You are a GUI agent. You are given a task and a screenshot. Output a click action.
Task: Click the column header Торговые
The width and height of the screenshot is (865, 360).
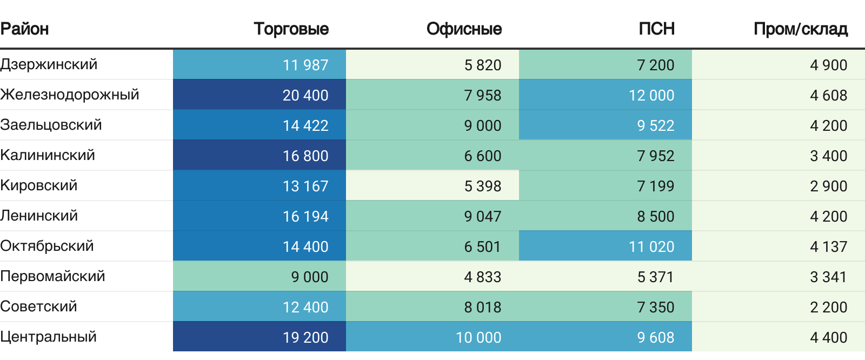coord(291,29)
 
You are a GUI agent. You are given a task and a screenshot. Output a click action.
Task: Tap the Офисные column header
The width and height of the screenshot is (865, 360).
coord(464,29)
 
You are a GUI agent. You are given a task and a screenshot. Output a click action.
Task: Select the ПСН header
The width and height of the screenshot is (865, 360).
coord(656,29)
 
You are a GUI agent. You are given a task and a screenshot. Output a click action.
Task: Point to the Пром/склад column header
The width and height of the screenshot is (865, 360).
coord(800,29)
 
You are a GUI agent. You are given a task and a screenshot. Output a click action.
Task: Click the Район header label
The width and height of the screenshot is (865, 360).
coord(24,29)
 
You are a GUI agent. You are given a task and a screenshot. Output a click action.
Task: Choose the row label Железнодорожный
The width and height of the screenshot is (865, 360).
coord(70,95)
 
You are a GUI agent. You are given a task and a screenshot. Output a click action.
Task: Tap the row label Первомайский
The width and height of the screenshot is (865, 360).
coord(52,276)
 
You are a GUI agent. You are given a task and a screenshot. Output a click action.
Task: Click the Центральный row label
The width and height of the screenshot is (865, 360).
coord(49,337)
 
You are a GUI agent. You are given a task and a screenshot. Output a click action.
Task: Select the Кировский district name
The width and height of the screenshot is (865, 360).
coord(39,185)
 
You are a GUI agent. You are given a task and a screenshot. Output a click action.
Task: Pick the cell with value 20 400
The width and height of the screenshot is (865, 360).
coord(305,95)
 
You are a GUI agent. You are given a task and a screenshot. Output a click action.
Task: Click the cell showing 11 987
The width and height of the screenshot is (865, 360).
coord(305,65)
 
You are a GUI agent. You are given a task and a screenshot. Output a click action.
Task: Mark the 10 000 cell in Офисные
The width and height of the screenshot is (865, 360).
coord(478,337)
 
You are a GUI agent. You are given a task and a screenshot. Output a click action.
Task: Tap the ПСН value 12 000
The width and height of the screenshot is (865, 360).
coord(651,95)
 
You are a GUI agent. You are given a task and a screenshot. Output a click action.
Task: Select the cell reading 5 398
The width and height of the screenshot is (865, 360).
coord(483,186)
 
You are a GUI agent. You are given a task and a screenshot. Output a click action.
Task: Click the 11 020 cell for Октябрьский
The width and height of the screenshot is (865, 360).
coord(651,246)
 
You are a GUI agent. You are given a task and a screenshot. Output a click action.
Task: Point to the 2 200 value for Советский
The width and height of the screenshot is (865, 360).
coord(828,307)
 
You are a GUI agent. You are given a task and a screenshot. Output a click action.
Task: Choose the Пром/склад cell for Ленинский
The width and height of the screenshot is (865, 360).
coord(828,216)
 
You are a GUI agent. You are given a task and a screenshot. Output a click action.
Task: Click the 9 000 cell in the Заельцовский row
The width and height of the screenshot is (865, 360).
coord(483,125)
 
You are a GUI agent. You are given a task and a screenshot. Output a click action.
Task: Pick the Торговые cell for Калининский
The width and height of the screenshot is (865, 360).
coord(305,156)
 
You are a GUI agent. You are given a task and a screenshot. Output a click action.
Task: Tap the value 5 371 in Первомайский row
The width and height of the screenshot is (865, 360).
coord(655,277)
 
